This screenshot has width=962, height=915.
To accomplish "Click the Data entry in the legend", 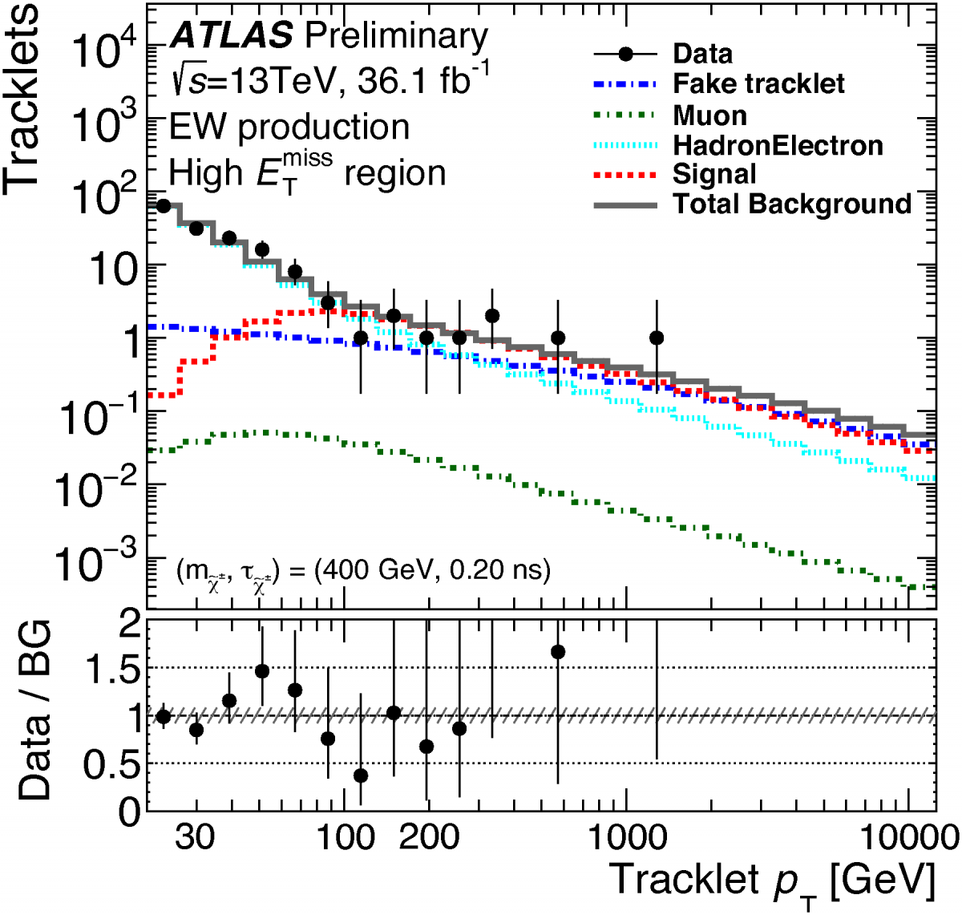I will pyautogui.click(x=702, y=54).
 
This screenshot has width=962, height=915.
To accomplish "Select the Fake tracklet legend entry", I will pyautogui.click(x=758, y=83).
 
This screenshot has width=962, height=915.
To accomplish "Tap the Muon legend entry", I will pyautogui.click(x=709, y=115).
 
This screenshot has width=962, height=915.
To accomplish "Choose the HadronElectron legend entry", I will pyautogui.click(x=778, y=145).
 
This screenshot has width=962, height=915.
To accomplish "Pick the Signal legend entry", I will pyautogui.click(x=714, y=174).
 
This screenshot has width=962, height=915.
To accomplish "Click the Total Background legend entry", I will pyautogui.click(x=792, y=204).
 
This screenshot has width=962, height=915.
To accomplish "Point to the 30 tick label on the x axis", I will pyautogui.click(x=196, y=837).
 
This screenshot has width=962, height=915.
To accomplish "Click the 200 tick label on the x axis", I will pyautogui.click(x=429, y=837).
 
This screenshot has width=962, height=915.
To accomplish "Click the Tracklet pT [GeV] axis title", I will pyautogui.click(x=772, y=881).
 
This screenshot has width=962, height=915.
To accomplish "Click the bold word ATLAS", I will pyautogui.click(x=232, y=36).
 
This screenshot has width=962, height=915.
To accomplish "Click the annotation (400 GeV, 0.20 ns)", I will pyautogui.click(x=433, y=570).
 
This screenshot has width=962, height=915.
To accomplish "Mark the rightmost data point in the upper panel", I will pyautogui.click(x=657, y=338).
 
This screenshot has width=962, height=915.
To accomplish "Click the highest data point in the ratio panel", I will pyautogui.click(x=558, y=652).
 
